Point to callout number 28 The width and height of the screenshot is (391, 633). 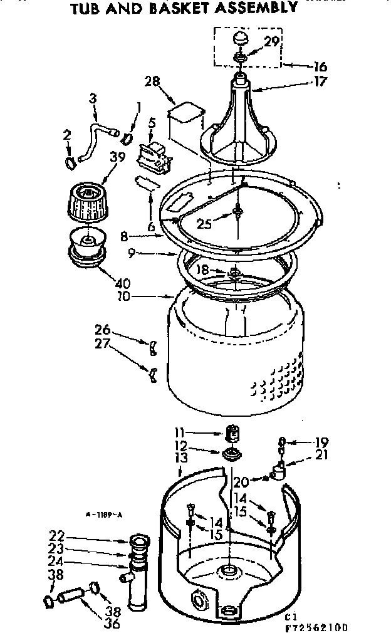click(153, 82)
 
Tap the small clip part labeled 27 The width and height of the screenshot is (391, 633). click(152, 375)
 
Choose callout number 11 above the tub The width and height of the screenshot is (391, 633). click(179, 432)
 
